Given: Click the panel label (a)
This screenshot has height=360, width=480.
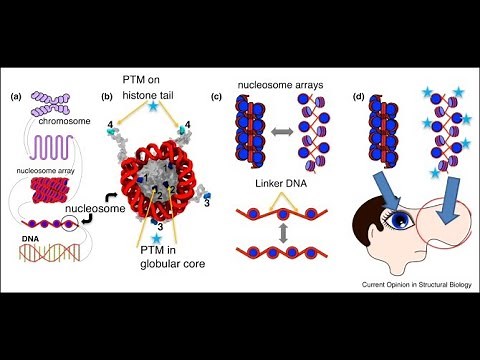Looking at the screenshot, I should tap(15, 97).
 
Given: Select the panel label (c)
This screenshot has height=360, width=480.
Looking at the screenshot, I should tap(217, 97).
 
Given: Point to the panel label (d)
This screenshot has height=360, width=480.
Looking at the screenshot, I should tap(358, 97).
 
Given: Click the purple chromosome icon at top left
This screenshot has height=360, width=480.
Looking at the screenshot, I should tap(50, 102).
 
